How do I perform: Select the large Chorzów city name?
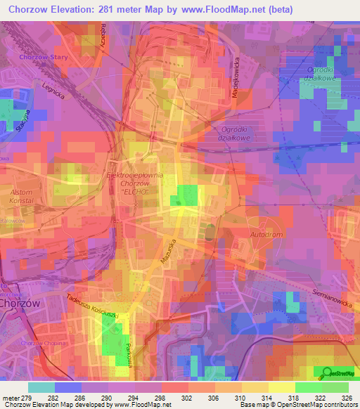point(18,304)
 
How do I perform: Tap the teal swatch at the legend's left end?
point(41,387)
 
